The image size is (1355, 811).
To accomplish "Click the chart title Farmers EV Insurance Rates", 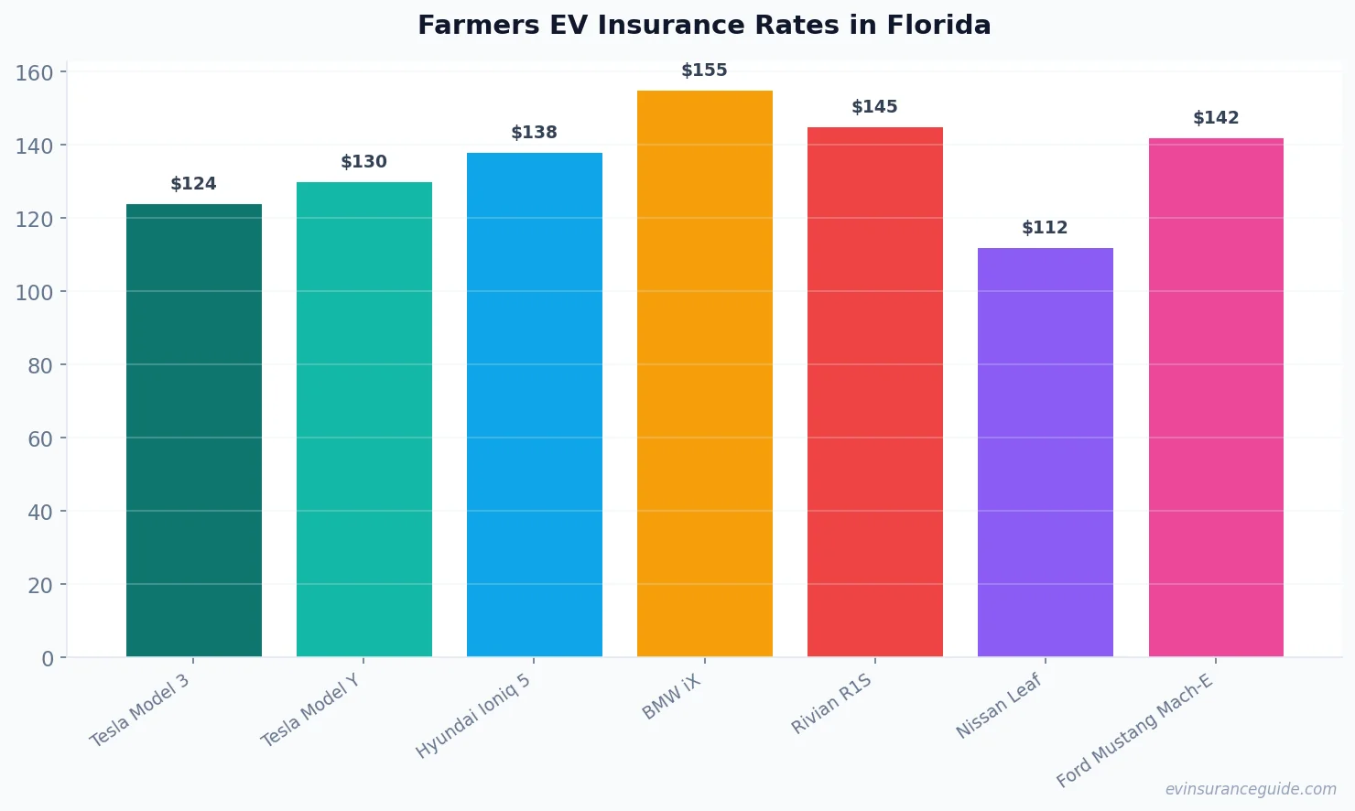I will (703, 25).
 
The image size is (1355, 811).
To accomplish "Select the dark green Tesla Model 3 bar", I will (194, 430).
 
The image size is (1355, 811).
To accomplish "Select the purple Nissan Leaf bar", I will (1046, 452).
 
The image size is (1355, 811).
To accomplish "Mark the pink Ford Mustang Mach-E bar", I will (1216, 397).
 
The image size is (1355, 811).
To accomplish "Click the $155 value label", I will (704, 70).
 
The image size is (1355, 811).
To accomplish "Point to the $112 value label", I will (1045, 228).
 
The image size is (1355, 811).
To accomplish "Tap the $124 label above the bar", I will (193, 184).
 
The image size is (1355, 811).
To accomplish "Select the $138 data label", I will (534, 133).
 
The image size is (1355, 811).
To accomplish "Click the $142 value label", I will (1216, 118).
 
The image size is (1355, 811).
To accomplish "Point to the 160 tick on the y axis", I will (34, 72).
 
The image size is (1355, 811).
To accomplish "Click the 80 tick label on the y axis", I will (40, 365).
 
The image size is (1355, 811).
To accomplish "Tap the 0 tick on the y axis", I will (48, 658).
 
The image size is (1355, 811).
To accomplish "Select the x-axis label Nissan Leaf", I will (999, 706).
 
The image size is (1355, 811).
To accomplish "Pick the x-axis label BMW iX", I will (671, 697).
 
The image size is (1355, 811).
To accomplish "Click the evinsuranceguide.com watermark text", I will (1251, 789).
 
